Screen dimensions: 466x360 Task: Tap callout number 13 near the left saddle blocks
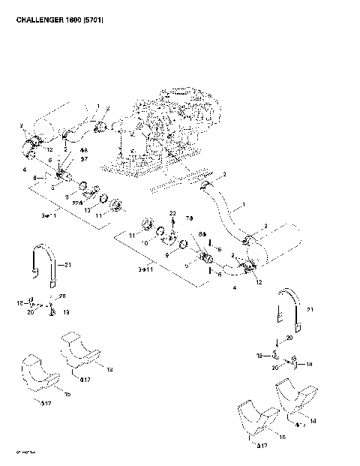(109, 369)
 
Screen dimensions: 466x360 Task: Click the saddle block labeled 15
(37, 375)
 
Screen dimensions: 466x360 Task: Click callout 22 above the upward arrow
(172, 214)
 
